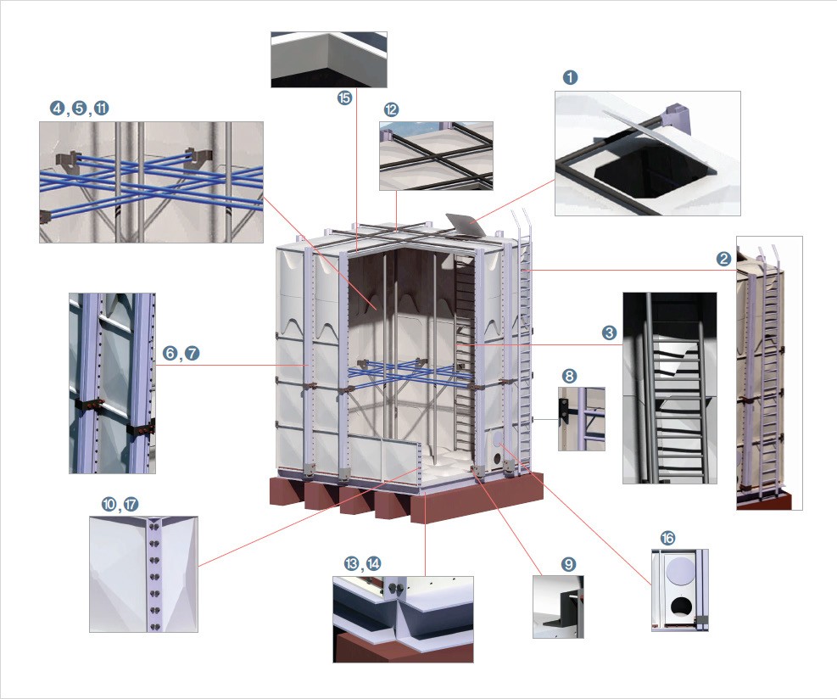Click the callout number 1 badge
(571, 77)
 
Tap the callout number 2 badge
(723, 260)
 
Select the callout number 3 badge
(609, 333)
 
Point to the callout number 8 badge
(569, 375)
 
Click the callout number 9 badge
(568, 563)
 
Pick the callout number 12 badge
(391, 109)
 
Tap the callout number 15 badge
(344, 98)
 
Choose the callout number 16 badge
(667, 539)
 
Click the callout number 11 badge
(102, 109)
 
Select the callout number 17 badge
(131, 505)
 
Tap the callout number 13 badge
(352, 564)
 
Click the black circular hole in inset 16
(679, 605)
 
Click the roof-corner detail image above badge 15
(329, 59)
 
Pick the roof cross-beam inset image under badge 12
(436, 155)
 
